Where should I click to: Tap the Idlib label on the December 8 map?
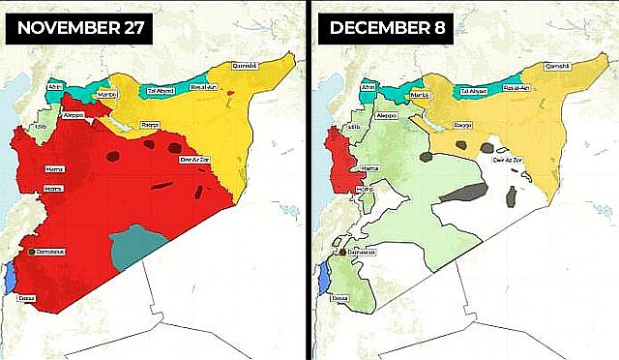[x=353, y=126]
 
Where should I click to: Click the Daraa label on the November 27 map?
[x=26, y=298]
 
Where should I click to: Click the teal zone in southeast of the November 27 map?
[x=135, y=248]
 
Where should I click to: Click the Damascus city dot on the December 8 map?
[x=342, y=254]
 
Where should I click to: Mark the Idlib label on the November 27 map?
[x=40, y=126]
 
